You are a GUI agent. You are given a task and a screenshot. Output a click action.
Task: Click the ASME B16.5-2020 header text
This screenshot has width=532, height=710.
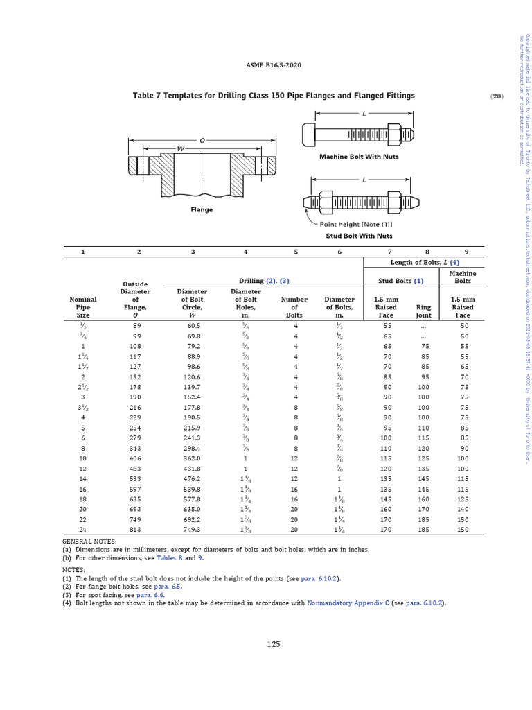(x=274, y=65)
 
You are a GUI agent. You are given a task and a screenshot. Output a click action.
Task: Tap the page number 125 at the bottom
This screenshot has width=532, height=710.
(x=274, y=644)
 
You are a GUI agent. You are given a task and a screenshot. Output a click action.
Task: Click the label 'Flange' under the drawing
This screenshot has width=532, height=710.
(x=202, y=209)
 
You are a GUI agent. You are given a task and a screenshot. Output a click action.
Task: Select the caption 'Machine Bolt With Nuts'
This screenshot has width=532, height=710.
(x=358, y=157)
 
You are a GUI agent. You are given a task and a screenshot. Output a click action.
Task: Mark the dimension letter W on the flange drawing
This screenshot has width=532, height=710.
(x=181, y=149)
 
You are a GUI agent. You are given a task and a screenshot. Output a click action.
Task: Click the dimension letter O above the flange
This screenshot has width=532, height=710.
(x=202, y=140)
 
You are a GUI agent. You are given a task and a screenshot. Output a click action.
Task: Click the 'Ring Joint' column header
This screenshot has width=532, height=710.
(x=423, y=311)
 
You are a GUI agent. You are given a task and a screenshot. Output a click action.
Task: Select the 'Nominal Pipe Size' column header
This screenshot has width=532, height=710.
(x=83, y=307)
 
